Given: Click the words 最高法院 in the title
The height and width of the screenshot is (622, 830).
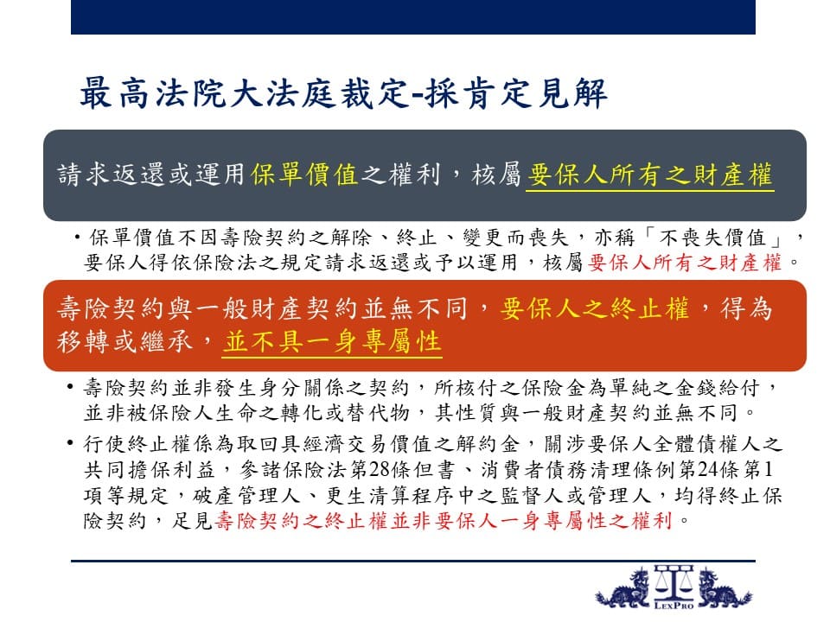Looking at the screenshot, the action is [x=153, y=93].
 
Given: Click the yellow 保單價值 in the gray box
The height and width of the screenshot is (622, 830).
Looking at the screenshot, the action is [x=305, y=175].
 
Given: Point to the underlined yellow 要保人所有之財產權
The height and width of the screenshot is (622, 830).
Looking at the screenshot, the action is [x=650, y=175].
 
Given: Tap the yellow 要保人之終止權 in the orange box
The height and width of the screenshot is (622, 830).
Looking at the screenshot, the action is [x=595, y=308].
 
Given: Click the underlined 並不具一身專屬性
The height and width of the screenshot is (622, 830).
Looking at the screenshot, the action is [x=332, y=341].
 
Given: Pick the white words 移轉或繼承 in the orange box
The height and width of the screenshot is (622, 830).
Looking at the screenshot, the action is [x=124, y=341].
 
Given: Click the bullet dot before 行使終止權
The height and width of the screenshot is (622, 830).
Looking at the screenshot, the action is [x=69, y=443].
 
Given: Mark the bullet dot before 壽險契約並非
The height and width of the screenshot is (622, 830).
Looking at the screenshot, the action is [x=69, y=387].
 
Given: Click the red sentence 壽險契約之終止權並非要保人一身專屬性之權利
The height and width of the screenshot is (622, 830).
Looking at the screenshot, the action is [x=444, y=521].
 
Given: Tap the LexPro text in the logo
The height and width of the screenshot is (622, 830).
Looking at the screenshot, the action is [x=674, y=605].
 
